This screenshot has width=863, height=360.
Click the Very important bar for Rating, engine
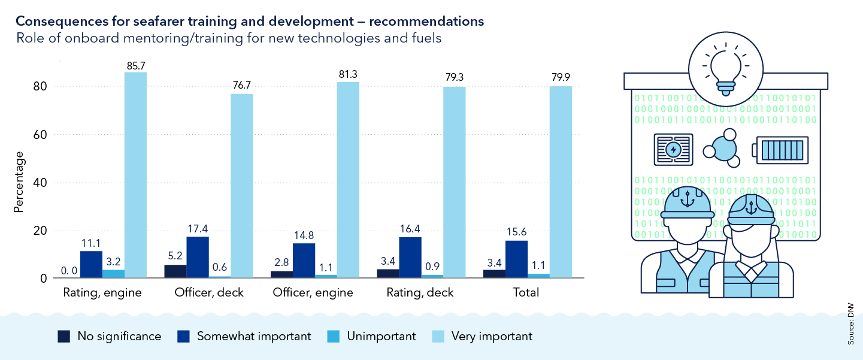coord(135,175)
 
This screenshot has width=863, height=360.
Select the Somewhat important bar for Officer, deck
coord(198,257)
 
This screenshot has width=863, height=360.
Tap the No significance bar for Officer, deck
coord(175,271)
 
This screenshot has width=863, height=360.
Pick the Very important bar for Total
coord(561,182)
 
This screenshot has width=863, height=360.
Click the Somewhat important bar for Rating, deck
coord(410,258)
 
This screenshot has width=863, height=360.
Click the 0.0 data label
coord(69,271)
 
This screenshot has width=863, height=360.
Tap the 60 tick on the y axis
coord(40,135)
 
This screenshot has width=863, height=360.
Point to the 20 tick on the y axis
coord(40,231)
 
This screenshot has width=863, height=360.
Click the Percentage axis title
coord(19,182)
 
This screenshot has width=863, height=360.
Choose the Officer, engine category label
coord(313,293)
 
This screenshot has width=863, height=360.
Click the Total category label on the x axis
coord(526,293)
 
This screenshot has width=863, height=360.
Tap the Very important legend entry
coord(482,336)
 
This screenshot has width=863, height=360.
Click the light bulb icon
coord(725,71)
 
